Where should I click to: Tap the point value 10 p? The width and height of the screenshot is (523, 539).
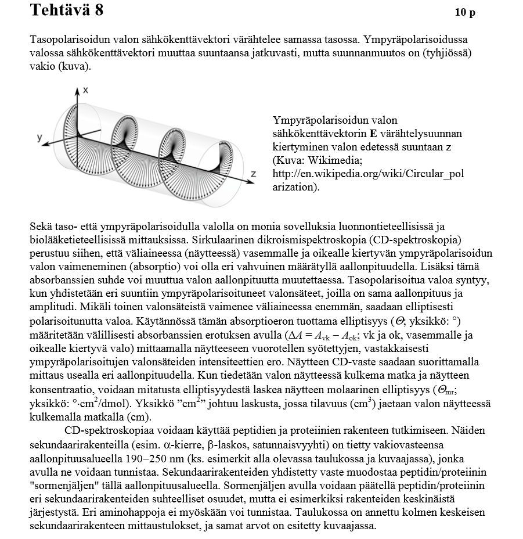[465, 13]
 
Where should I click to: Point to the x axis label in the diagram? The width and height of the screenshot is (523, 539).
[85, 90]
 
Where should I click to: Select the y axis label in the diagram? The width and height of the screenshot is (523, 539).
[39, 137]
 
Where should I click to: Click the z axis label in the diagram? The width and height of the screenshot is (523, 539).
[253, 174]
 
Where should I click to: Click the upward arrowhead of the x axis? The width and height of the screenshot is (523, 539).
[77, 90]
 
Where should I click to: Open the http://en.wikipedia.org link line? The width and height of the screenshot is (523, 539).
[368, 174]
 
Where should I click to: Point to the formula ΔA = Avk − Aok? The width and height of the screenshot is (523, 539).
[322, 335]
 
